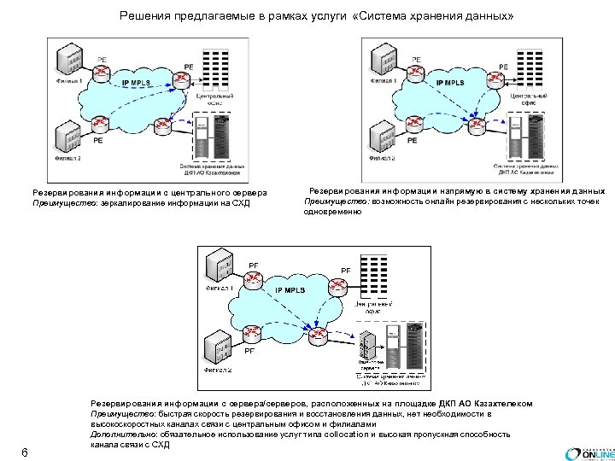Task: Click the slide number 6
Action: pyautogui.click(x=25, y=452)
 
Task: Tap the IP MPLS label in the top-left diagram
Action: pyautogui.click(x=138, y=83)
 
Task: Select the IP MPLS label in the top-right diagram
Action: pyautogui.click(x=450, y=83)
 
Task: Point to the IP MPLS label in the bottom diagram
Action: pyautogui.click(x=290, y=291)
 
